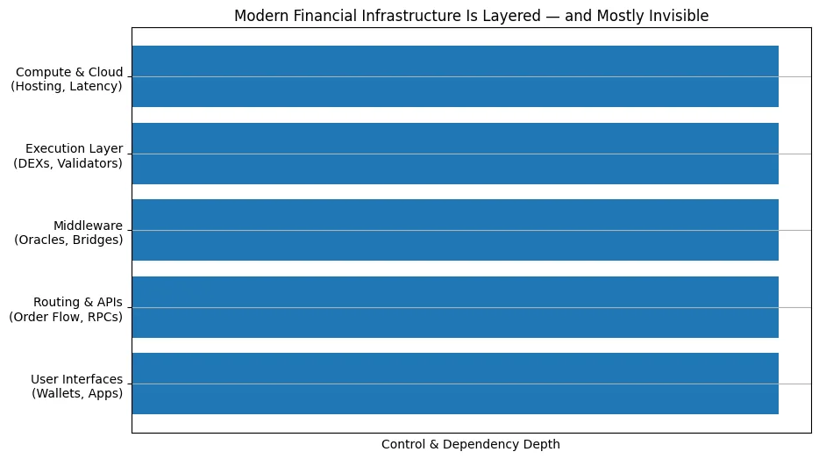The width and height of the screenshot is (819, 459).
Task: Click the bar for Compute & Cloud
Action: pyautogui.click(x=455, y=76)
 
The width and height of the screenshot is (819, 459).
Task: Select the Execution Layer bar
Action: pyautogui.click(x=455, y=153)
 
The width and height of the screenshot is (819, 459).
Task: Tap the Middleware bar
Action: pyautogui.click(x=455, y=230)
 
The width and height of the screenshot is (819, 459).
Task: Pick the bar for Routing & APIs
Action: pyautogui.click(x=455, y=307)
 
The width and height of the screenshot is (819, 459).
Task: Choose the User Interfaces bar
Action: pyautogui.click(x=455, y=384)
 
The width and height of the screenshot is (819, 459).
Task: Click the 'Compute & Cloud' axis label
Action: pyautogui.click(x=69, y=71)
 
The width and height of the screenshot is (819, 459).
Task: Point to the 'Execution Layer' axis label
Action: pyautogui.click(x=75, y=147)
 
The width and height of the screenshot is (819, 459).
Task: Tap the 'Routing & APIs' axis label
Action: pyautogui.click(x=78, y=302)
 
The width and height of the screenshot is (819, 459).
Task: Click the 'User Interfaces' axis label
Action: pyautogui.click(x=77, y=378)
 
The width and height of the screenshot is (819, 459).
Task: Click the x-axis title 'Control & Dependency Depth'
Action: pyautogui.click(x=471, y=444)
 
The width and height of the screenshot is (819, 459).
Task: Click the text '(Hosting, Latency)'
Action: pyautogui.click(x=67, y=86)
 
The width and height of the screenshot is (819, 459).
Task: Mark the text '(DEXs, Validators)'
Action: pyautogui.click(x=68, y=163)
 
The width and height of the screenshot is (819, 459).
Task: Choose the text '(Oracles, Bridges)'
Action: pyautogui.click(x=69, y=240)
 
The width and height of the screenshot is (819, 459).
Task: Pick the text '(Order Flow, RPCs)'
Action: pyautogui.click(x=66, y=317)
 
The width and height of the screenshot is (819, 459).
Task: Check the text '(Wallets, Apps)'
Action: pyautogui.click(x=77, y=394)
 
